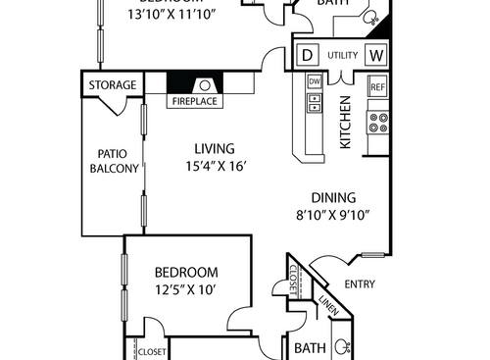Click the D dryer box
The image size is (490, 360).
click(x=307, y=55)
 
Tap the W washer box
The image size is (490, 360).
click(x=376, y=55)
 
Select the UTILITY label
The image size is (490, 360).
click(x=342, y=56)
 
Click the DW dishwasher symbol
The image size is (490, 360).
click(x=315, y=81)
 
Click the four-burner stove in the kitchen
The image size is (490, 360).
click(x=377, y=123)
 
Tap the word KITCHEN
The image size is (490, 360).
click(x=345, y=124)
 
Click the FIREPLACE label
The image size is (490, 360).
click(x=196, y=101)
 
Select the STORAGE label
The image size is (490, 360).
click(x=113, y=85)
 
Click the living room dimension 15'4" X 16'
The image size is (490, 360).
click(x=211, y=166)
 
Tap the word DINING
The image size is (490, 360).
click(x=334, y=197)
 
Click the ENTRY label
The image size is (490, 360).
click(x=361, y=285)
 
